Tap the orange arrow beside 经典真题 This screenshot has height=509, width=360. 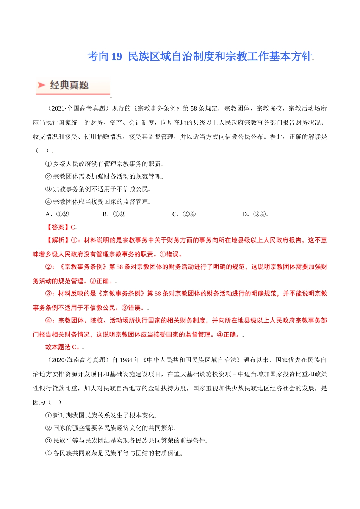coord(42,85)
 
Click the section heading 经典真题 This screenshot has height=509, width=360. coord(69,85)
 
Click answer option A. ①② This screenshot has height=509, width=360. coord(57,214)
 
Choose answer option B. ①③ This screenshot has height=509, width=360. coord(114,214)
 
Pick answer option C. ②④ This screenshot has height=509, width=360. coord(184,214)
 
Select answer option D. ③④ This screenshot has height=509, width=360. coord(254,214)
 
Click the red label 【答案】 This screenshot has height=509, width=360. coord(58,227)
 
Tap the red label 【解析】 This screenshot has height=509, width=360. coord(58,240)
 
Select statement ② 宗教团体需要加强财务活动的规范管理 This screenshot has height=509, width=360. coord(103,176)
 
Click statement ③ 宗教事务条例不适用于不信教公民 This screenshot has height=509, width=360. coord(97,189)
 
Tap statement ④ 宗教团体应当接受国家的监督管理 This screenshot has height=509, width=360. coord(97,202)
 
